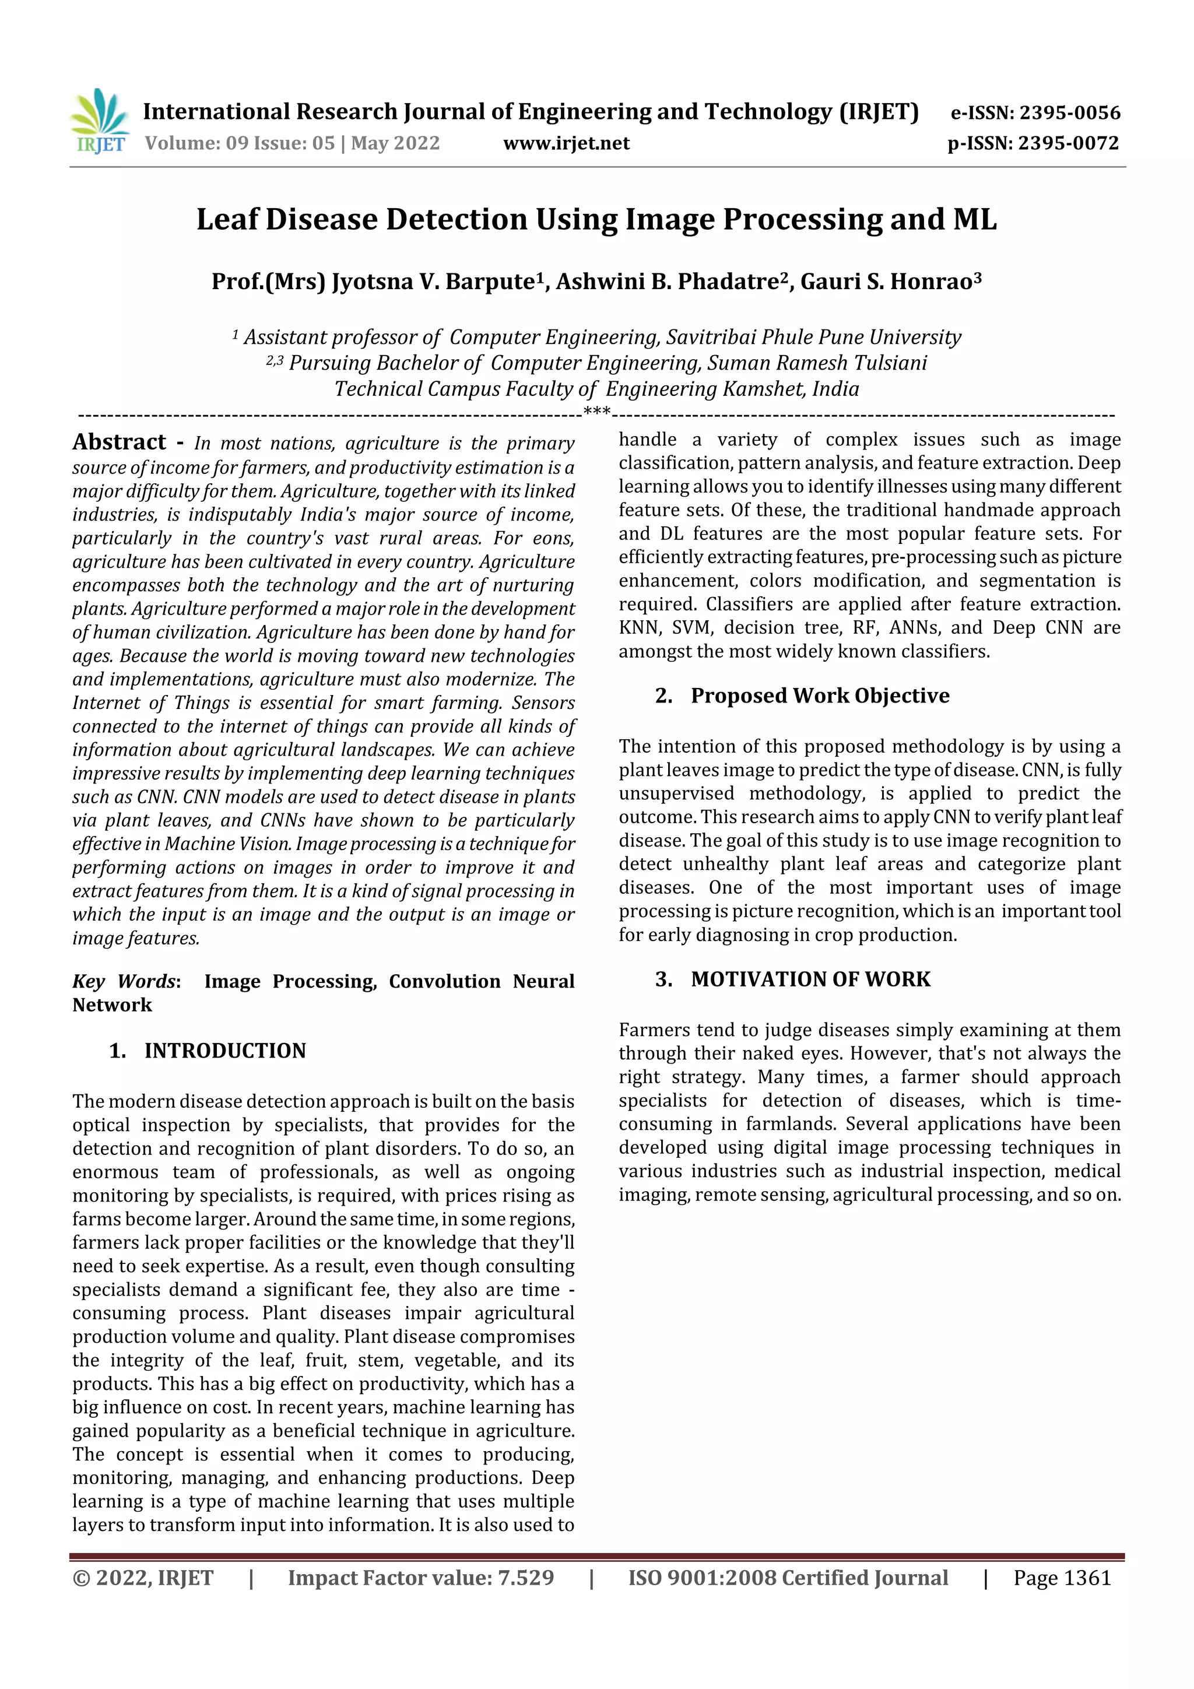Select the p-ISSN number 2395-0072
(1068, 143)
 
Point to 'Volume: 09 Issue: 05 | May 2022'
(292, 143)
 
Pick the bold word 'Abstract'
(119, 442)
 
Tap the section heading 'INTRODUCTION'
(224, 1051)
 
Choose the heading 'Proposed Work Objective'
(820, 696)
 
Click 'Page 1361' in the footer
(1062, 1578)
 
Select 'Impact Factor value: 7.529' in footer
(421, 1578)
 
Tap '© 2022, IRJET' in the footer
(143, 1578)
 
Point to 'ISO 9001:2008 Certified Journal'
(787, 1578)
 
